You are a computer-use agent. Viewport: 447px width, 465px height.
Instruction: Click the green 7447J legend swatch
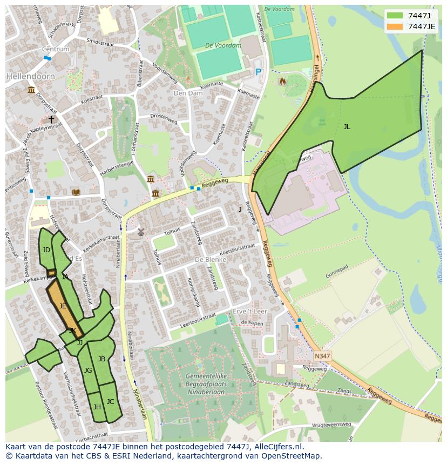coord(395,16)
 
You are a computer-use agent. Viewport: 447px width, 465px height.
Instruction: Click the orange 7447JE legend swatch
coord(395,26)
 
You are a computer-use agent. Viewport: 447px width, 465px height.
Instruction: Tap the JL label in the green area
coord(347,127)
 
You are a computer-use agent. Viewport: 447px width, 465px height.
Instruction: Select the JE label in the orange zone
coord(63,306)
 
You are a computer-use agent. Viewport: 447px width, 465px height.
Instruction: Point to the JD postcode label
coord(46,250)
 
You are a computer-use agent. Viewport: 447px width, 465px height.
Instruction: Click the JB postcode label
coord(101,359)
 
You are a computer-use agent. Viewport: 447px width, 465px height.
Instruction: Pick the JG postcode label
coord(88,370)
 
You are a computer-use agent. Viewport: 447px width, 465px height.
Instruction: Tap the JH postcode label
coord(97,407)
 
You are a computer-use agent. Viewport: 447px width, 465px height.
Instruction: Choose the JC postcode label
coord(110,402)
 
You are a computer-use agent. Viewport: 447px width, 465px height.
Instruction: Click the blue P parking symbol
coord(258,72)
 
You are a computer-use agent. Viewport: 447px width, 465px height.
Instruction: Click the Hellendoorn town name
coord(31,77)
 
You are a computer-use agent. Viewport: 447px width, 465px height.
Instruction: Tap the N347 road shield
coord(322,356)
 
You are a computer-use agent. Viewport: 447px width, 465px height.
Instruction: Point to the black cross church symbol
coord(52,119)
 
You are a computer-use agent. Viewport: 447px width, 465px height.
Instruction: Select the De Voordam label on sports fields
coord(223,46)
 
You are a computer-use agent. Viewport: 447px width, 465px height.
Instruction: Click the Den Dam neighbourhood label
coord(187,93)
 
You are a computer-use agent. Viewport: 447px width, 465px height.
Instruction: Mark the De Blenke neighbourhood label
coord(210,259)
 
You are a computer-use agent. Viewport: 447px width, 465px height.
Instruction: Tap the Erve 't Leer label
coord(250,312)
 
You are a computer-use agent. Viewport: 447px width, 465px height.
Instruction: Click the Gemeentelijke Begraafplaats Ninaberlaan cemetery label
coord(197,381)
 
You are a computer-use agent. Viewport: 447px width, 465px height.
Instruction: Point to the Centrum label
coord(56,49)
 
